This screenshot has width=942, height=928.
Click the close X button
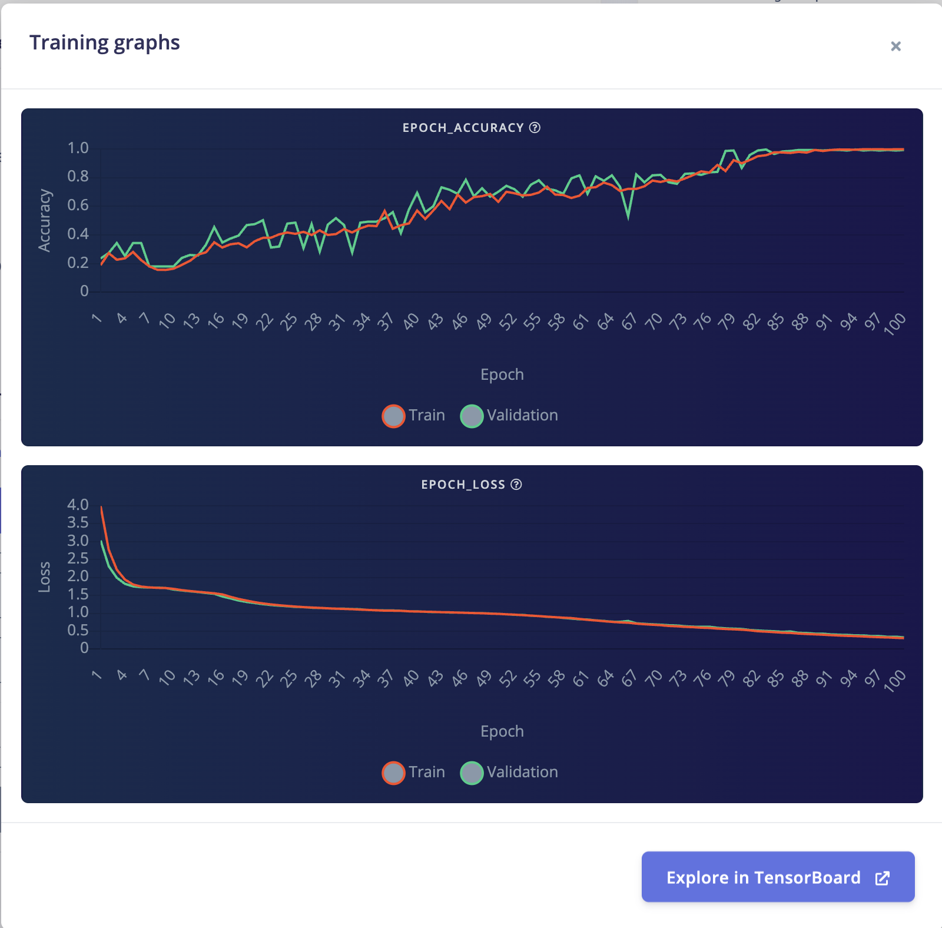(895, 46)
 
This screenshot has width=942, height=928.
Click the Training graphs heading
(104, 43)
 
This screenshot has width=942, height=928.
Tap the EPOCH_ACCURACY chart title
(463, 128)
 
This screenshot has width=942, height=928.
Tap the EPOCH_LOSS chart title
(463, 485)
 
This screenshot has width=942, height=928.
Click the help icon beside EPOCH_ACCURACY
(535, 128)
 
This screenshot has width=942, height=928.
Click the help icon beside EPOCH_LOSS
(516, 485)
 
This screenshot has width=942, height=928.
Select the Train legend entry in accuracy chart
(413, 416)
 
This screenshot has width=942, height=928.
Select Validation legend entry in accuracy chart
(509, 416)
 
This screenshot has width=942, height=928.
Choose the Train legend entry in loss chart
(413, 773)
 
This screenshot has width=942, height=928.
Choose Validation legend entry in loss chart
(509, 773)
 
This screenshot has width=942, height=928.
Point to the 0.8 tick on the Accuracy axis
(78, 176)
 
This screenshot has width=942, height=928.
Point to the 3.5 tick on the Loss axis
(78, 522)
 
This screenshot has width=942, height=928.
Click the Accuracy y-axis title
(45, 221)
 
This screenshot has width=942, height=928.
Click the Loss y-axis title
(45, 577)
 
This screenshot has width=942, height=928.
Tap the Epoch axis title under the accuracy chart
(502, 374)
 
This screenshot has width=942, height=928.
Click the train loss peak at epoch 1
(101, 506)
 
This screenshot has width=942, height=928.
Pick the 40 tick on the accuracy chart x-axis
(411, 322)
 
